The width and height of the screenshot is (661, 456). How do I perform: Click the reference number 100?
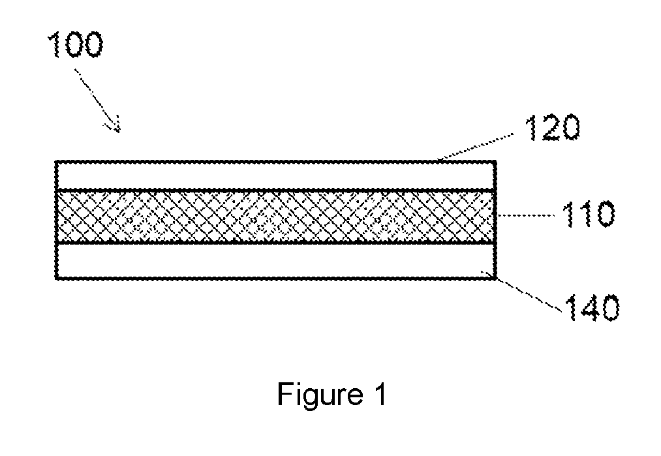click(76, 44)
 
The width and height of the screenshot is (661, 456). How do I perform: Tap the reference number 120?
click(553, 127)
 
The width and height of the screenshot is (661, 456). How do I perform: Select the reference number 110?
click(589, 215)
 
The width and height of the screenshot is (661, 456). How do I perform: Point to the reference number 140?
click(592, 308)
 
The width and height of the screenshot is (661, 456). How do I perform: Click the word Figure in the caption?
click(320, 395)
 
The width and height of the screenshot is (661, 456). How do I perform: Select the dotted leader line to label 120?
click(476, 147)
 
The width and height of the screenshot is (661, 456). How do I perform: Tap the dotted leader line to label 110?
click(527, 215)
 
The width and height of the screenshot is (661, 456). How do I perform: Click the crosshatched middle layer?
click(276, 217)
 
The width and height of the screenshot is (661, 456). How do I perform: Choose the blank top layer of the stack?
click(276, 175)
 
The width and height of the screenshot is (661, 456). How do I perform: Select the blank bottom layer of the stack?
click(276, 261)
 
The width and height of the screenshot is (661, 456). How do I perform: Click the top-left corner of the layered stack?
click(56, 161)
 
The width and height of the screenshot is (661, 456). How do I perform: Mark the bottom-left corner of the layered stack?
click(56, 278)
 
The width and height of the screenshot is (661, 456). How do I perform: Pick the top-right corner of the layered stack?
click(495, 161)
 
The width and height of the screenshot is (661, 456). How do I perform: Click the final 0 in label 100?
click(92, 44)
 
